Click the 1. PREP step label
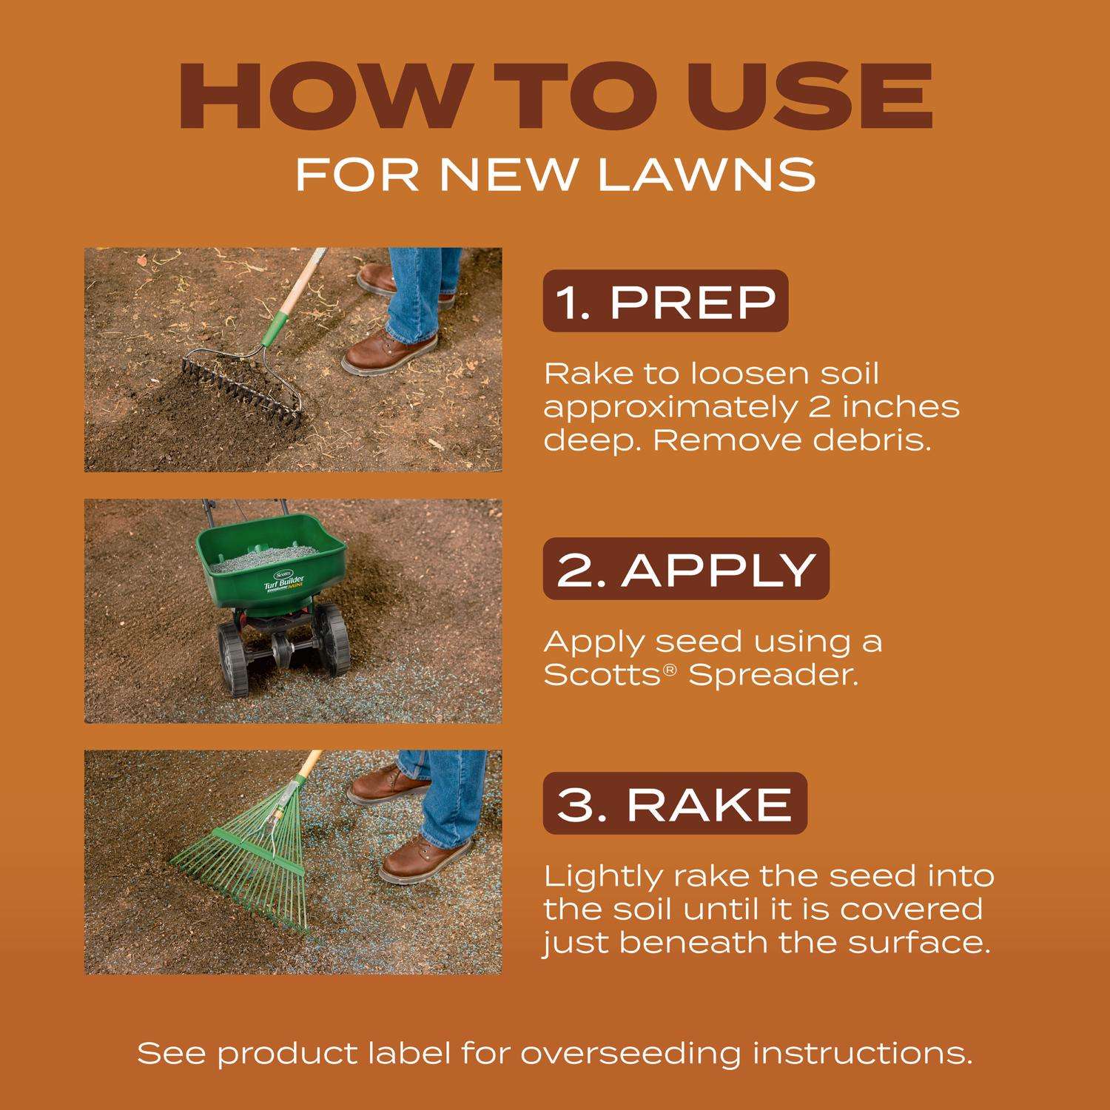point(666,301)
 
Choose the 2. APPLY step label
point(686,568)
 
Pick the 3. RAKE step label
point(675,804)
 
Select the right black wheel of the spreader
point(331,639)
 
